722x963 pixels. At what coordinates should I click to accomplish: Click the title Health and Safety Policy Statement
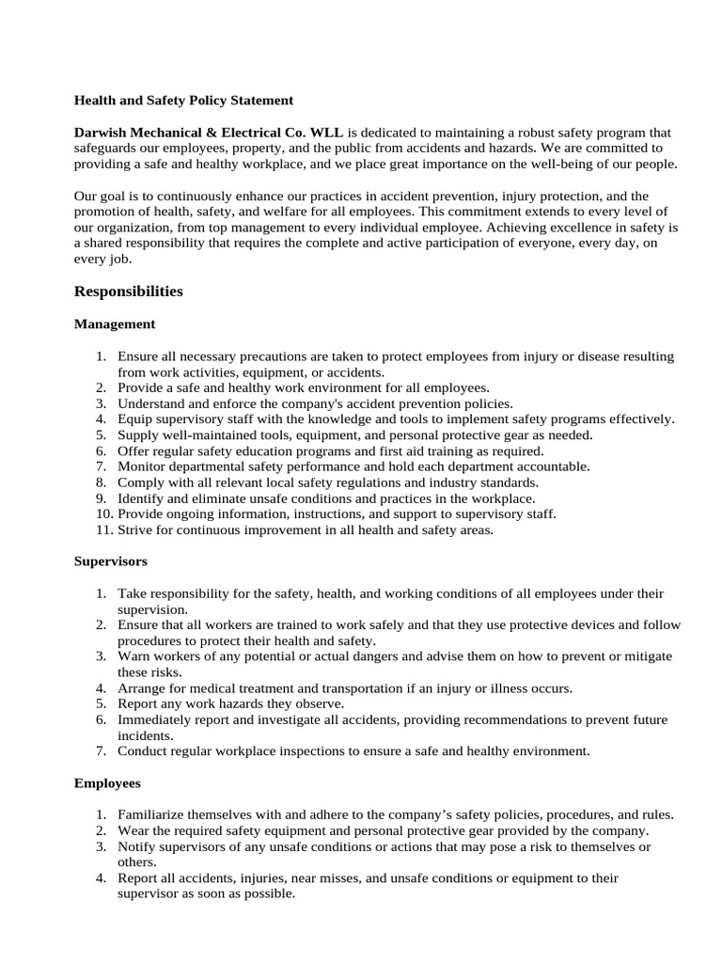click(183, 100)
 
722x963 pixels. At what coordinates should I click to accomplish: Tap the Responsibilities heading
click(128, 292)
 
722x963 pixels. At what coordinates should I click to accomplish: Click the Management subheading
click(115, 324)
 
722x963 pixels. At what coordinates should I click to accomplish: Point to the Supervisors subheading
click(111, 561)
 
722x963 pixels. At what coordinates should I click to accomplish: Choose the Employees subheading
click(107, 782)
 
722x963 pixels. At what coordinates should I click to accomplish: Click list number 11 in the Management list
click(102, 529)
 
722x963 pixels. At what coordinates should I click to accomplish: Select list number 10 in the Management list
click(102, 513)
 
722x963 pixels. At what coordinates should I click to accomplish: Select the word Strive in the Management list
click(135, 529)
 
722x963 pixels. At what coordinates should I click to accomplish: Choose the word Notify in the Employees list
click(137, 846)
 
